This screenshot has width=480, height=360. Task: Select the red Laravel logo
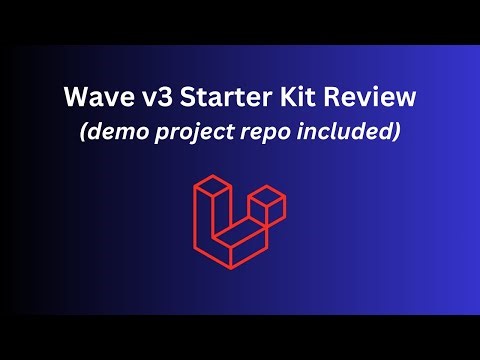click(x=239, y=222)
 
